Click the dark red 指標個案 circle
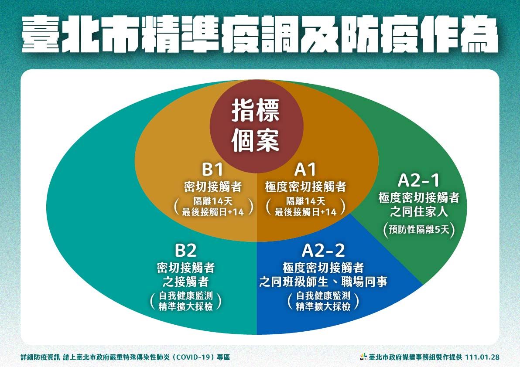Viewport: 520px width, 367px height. [257, 126]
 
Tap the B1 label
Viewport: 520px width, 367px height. [212, 169]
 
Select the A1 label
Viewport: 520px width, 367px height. [305, 169]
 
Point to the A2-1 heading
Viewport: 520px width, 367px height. [419, 180]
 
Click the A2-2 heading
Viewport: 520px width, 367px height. [323, 251]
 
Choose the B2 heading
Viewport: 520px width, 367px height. [186, 251]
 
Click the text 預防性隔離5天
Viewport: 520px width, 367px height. [419, 229]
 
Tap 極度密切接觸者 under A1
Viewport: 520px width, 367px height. [305, 187]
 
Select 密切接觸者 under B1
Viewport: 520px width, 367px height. [213, 187]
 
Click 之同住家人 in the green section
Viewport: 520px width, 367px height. [419, 211]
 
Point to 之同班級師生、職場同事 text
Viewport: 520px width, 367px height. [323, 282]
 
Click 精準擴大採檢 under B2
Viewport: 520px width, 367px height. [186, 306]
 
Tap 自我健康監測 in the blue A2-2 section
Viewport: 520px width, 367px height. [323, 296]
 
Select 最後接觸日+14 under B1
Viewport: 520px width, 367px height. [213, 212]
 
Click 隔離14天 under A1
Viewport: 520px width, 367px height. [305, 201]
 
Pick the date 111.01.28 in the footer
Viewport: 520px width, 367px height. [482, 357]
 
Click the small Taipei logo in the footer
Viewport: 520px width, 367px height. [364, 357]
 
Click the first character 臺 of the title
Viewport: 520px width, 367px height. [41, 34]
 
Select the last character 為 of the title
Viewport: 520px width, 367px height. [479, 34]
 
